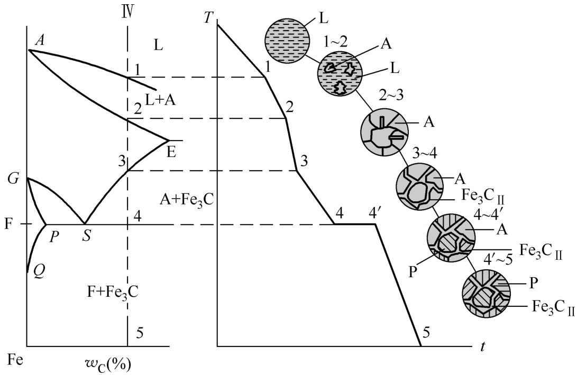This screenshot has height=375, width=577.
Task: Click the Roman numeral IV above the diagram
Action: [x=127, y=9]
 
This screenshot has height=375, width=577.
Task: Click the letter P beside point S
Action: [x=54, y=236]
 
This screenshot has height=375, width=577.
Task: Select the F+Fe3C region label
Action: [x=113, y=290]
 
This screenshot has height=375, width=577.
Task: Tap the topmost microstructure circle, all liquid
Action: [x=288, y=40]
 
